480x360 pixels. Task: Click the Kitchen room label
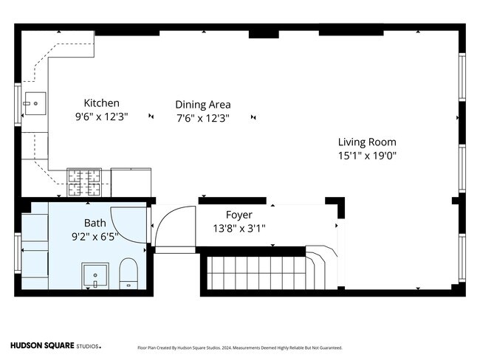tap(102, 103)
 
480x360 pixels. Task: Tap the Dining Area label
tap(203, 105)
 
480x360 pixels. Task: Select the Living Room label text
tap(367, 142)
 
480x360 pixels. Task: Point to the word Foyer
tap(239, 215)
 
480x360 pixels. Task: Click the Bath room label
tap(95, 223)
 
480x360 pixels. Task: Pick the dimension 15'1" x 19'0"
tap(367, 156)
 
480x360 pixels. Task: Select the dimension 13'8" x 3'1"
tap(239, 229)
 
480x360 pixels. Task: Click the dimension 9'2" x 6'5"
tap(95, 237)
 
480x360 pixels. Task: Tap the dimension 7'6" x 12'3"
tap(203, 118)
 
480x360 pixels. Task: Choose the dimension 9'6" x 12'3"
tap(102, 117)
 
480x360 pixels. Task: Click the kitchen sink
tap(35, 103)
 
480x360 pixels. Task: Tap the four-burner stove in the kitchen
tap(84, 182)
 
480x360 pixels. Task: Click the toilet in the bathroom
tap(128, 274)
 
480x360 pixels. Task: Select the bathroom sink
tap(95, 276)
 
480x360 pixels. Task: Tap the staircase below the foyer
tap(256, 273)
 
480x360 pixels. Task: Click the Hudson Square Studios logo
tap(55, 346)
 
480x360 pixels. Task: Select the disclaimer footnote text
tap(240, 347)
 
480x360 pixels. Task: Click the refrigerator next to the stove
tap(131, 182)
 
